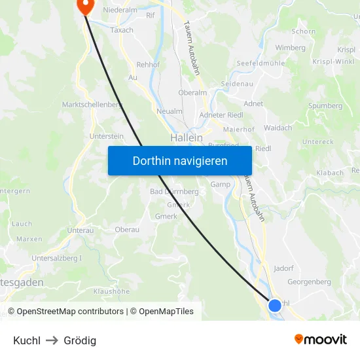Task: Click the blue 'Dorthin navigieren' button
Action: pos(179,161)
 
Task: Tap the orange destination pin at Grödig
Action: pos(85,6)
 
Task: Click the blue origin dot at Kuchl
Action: pos(275,304)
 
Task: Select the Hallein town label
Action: pos(186,138)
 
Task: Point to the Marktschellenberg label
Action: pos(92,105)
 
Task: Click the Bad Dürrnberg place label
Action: pos(174,192)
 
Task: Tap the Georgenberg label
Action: pos(309,282)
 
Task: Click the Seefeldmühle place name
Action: pos(260,62)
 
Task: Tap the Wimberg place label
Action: pos(290,48)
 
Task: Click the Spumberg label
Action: pos(325,105)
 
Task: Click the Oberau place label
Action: pos(127,229)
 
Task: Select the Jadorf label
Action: pos(283,268)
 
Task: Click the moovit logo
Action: pos(320,339)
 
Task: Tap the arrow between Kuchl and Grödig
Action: pos(52,340)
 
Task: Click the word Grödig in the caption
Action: pos(80,340)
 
